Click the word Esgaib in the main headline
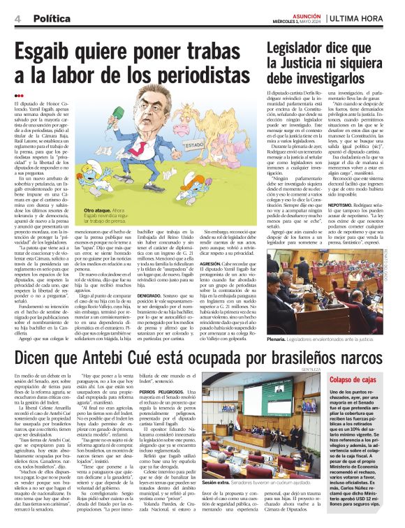click(x=47, y=50)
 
